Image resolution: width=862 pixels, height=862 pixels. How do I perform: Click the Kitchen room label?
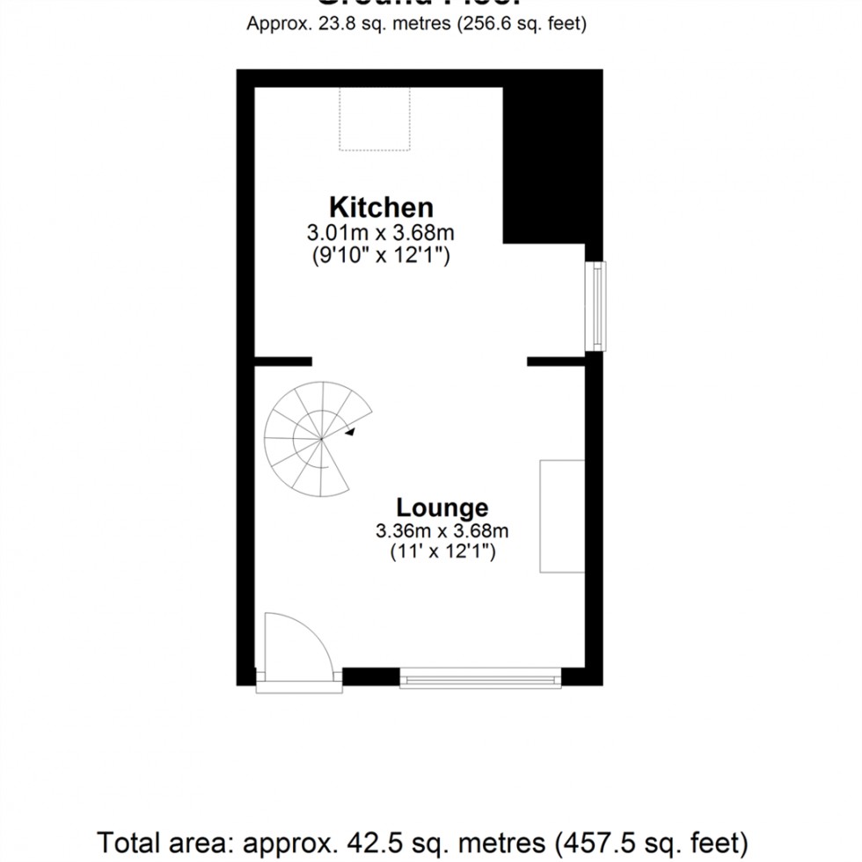point(381,208)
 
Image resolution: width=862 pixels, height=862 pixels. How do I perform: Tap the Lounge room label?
point(442,508)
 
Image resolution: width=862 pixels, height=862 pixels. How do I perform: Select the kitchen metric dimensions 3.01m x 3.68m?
point(381,233)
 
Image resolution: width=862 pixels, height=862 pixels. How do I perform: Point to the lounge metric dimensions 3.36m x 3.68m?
point(442,531)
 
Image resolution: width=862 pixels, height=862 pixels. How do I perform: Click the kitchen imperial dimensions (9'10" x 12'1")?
point(381,256)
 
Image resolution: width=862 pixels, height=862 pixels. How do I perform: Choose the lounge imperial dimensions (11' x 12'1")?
point(442,553)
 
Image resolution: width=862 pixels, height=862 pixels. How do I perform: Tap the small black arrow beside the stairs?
point(350,432)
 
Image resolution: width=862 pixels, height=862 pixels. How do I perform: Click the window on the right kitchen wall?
point(597,305)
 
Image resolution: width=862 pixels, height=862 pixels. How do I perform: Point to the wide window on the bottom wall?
point(480,678)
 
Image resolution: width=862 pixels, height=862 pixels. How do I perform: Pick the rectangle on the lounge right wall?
point(562,516)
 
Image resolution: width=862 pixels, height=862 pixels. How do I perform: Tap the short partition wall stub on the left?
point(283,361)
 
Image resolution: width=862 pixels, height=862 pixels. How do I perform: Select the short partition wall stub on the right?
point(557,361)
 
